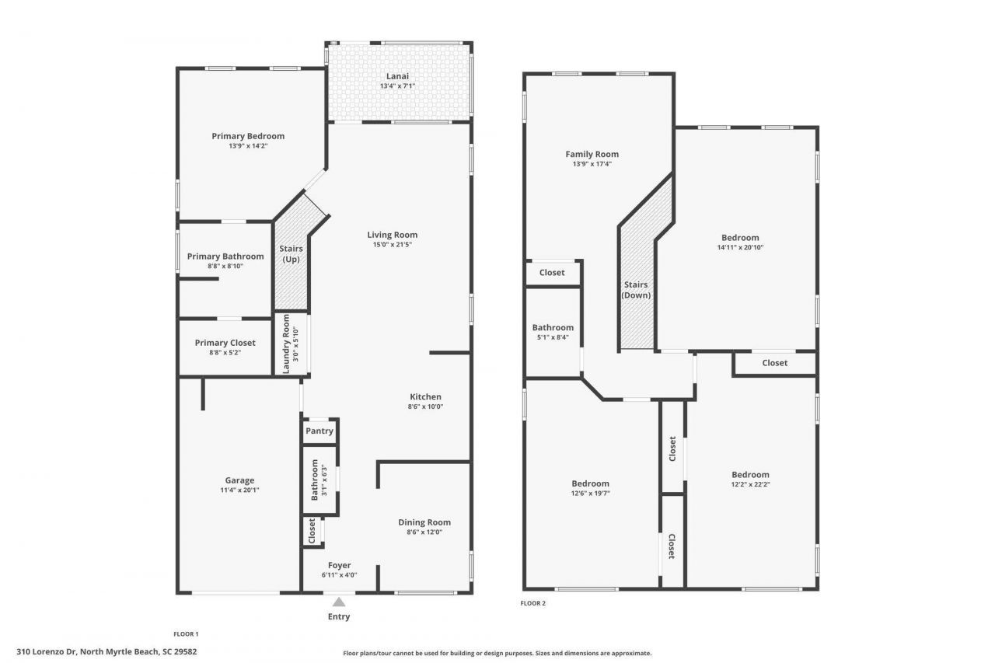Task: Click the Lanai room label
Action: pyautogui.click(x=397, y=76)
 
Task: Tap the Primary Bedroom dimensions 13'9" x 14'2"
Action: pyautogui.click(x=248, y=145)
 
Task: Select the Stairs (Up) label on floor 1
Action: pyautogui.click(x=292, y=253)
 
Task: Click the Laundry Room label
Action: pyautogui.click(x=286, y=343)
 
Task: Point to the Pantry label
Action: pyautogui.click(x=319, y=431)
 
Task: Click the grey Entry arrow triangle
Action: pyautogui.click(x=339, y=602)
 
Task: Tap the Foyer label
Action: pyautogui.click(x=339, y=565)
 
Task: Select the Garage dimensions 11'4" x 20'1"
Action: pyautogui.click(x=239, y=490)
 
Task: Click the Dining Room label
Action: pyautogui.click(x=424, y=522)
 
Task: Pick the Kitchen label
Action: pyautogui.click(x=425, y=396)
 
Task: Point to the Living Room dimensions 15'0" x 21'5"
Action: pyautogui.click(x=393, y=245)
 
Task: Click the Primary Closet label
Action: pyautogui.click(x=225, y=343)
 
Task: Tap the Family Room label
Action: pyautogui.click(x=592, y=154)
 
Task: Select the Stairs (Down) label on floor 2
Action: pyautogui.click(x=636, y=290)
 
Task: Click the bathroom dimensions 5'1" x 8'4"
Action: pyautogui.click(x=553, y=337)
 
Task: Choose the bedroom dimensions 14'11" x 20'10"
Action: pyautogui.click(x=740, y=248)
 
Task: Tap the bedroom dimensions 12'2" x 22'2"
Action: pyautogui.click(x=750, y=484)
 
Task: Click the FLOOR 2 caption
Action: pyautogui.click(x=533, y=603)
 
